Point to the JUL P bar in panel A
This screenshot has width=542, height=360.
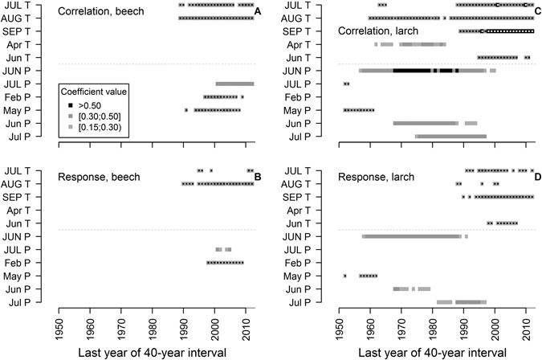point(234,84)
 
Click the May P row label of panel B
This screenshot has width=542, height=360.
point(39,276)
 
